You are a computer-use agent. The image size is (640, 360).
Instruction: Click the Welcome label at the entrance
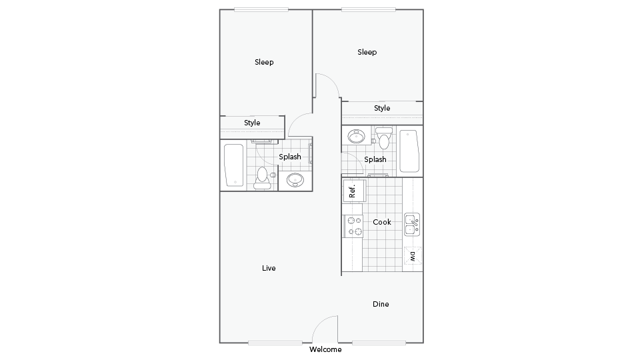point(325,349)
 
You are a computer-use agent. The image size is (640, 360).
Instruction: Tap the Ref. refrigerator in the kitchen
point(353,190)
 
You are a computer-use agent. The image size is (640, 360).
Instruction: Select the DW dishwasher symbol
point(413,256)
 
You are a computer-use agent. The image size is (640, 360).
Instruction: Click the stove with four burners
point(353,225)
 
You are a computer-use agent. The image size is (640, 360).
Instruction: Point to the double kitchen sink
point(412,225)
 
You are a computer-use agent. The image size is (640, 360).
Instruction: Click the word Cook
point(382,222)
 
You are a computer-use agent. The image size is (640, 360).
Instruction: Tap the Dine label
point(381,304)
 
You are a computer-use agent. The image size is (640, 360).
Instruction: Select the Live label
point(269,268)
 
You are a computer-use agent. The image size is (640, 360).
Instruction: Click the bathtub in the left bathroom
point(233,165)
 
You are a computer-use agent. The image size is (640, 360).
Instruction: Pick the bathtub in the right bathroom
point(409,151)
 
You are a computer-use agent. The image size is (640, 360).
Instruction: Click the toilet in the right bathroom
point(383,139)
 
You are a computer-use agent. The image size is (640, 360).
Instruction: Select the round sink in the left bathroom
point(295,179)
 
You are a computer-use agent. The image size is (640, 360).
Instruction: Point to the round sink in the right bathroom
point(357,137)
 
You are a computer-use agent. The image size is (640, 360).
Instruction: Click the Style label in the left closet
point(252,123)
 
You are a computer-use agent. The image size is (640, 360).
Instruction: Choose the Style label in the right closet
point(382,108)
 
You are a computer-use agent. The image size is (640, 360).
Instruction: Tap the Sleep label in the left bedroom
point(264,62)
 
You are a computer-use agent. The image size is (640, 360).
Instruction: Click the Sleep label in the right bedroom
point(367,52)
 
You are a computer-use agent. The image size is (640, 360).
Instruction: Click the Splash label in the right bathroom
point(375,159)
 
